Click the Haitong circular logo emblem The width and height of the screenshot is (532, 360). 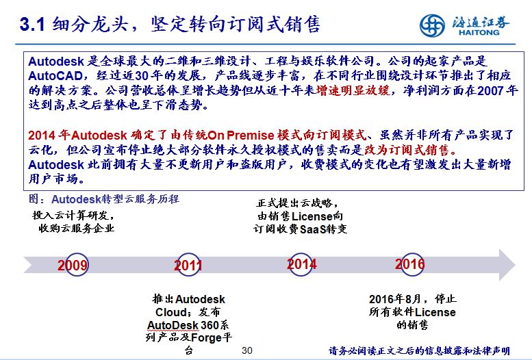tap(432, 25)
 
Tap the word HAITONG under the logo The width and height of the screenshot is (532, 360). tap(479, 33)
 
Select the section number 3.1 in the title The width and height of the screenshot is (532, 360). tap(32, 25)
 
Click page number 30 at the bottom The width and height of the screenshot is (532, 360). tap(247, 350)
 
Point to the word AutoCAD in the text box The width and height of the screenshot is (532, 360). tap(55, 76)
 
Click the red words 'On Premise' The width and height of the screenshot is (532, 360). tap(240, 135)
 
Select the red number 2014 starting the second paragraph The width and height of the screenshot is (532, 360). tap(42, 135)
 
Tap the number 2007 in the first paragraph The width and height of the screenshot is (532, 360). tap(490, 90)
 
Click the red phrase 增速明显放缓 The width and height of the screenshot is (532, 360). tap(353, 90)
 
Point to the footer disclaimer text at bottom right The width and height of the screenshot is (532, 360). tap(419, 350)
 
